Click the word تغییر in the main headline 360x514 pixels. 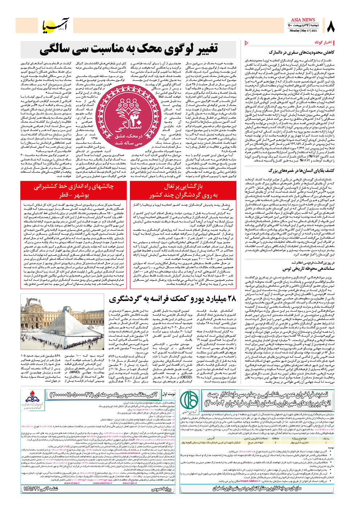208,50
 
